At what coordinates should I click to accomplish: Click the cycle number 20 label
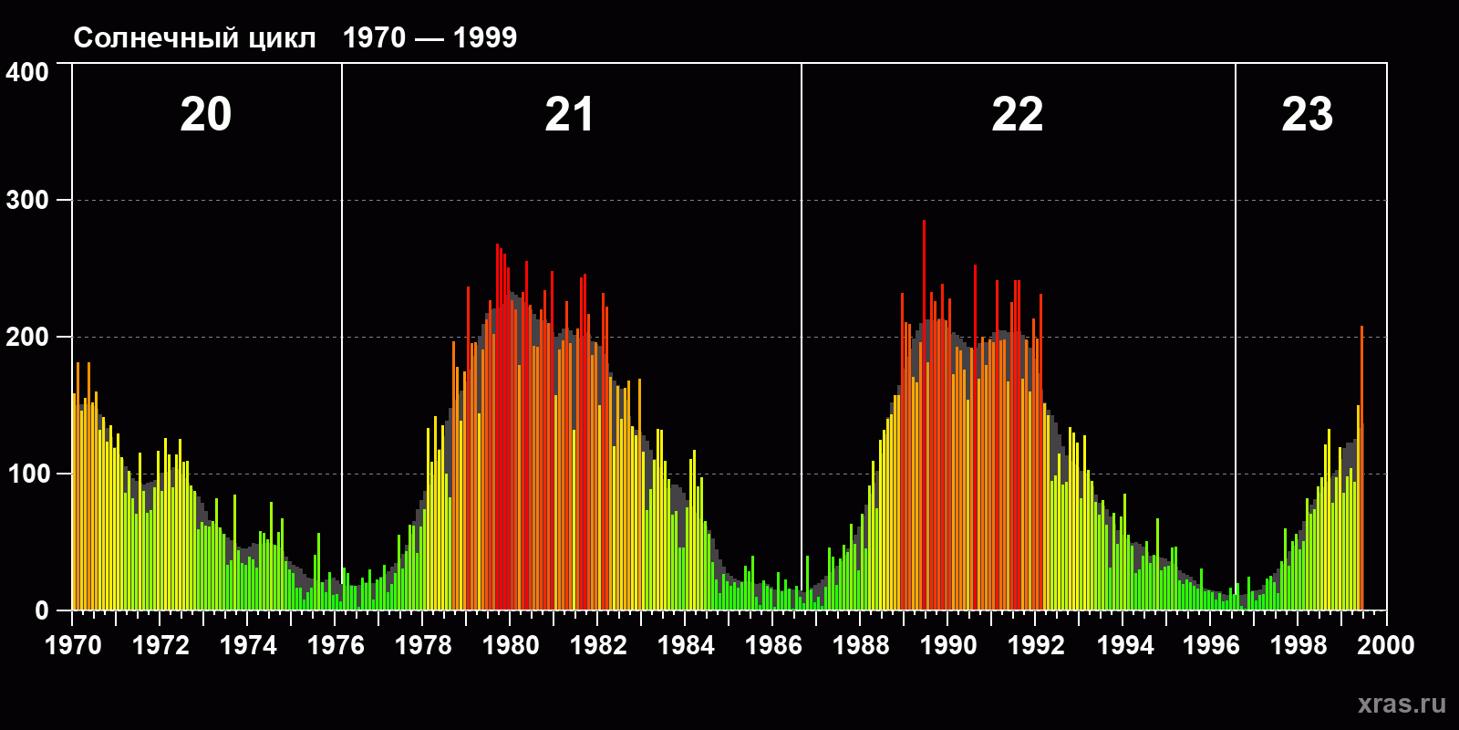[x=206, y=115]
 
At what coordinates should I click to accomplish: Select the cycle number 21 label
[x=569, y=115]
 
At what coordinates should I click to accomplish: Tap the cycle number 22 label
[x=1017, y=115]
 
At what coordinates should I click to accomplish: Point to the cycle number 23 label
[x=1307, y=115]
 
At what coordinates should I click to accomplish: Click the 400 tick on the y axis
[x=27, y=72]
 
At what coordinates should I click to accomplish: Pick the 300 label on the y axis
[x=27, y=201]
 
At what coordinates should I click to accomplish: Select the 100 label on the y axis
[x=27, y=474]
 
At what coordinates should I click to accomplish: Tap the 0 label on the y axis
[x=42, y=611]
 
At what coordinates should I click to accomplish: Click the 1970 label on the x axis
[x=73, y=645]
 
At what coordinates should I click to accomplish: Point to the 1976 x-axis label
[x=336, y=645]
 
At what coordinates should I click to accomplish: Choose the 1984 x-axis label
[x=686, y=645]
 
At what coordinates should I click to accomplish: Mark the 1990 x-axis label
[x=948, y=645]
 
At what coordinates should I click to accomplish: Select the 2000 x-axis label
[x=1386, y=645]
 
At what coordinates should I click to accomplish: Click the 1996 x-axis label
[x=1211, y=645]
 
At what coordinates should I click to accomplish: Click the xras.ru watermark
[x=1402, y=704]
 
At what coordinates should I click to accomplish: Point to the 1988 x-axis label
[x=861, y=645]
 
